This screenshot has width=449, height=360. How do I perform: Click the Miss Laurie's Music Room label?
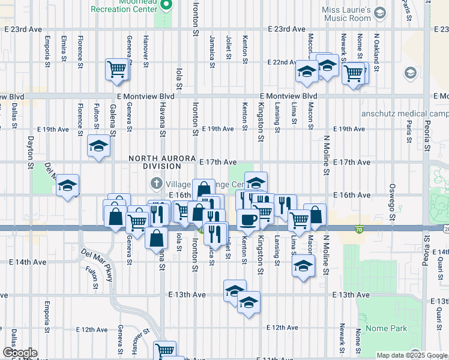(x=355, y=14)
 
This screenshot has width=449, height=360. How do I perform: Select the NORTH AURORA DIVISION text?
(x=154, y=162)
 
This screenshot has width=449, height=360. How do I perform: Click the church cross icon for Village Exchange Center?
(x=155, y=182)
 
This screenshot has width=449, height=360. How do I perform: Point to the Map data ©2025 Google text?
(x=411, y=355)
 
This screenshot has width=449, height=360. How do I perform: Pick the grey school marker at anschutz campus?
(x=411, y=73)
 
